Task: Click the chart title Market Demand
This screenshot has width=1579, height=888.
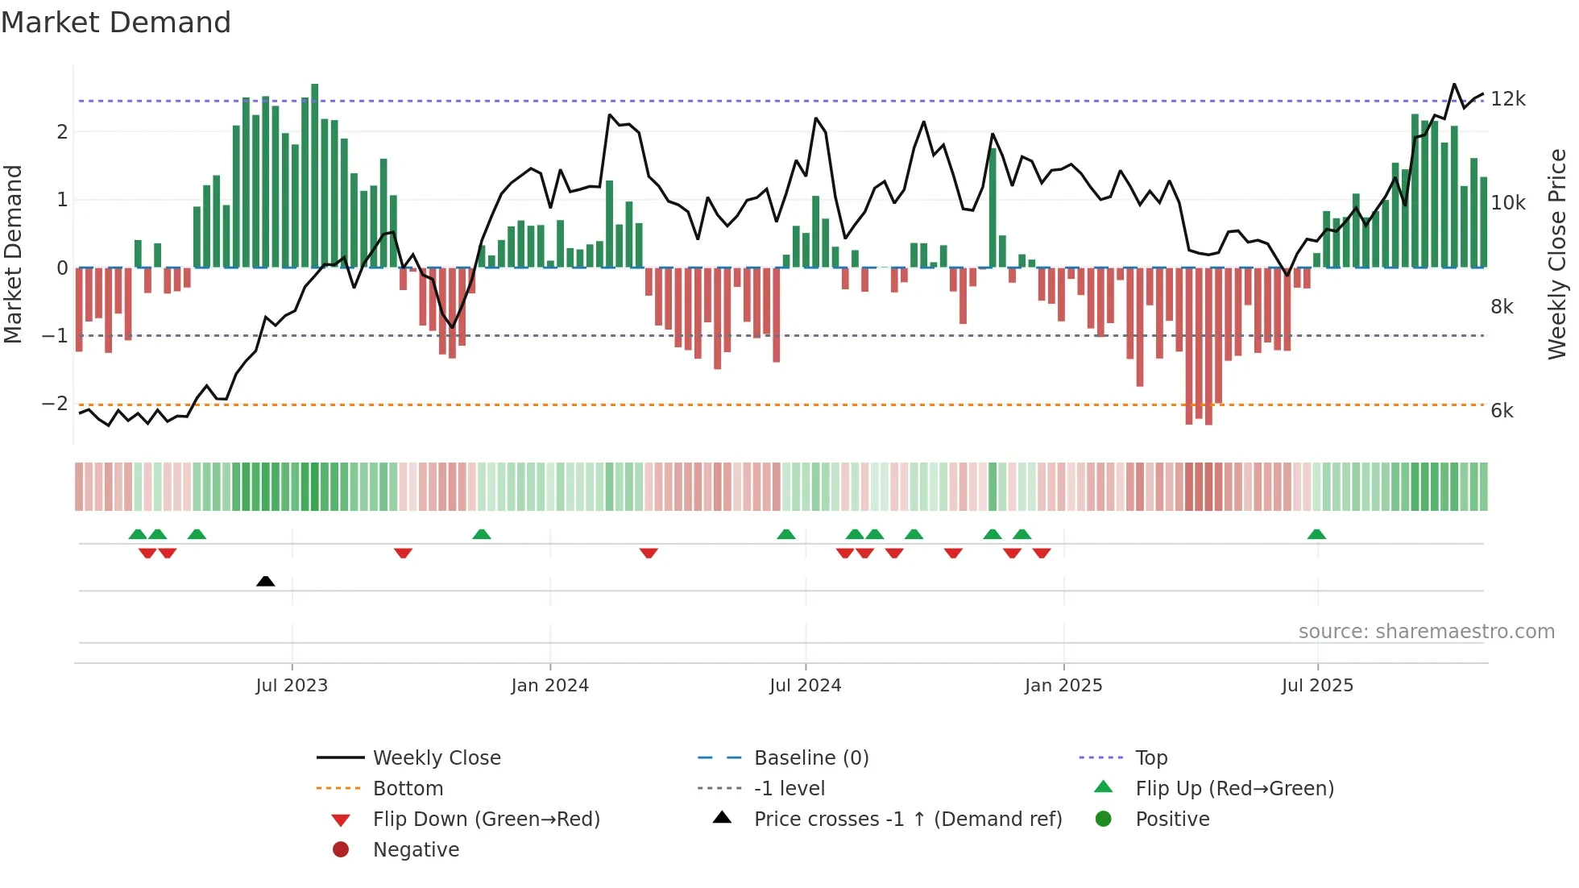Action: (116, 23)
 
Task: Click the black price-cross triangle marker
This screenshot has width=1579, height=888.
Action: (265, 581)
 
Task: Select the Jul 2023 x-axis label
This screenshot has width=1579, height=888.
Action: (292, 686)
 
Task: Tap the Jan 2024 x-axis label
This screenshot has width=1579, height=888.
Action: (549, 686)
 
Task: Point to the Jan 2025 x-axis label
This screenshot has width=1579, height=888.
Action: (1063, 686)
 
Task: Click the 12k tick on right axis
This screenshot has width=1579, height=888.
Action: (1507, 99)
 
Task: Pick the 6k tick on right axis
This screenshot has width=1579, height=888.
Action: (1502, 411)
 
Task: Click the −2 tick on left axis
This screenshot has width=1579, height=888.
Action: (55, 403)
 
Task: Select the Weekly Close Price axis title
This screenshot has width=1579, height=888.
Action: (1557, 254)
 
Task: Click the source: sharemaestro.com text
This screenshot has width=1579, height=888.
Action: (1426, 632)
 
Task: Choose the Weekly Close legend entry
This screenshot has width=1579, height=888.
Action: (436, 758)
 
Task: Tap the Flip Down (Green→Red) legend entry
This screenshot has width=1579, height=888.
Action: (486, 820)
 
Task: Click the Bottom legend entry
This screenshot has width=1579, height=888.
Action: (408, 789)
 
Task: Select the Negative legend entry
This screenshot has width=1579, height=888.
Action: (416, 850)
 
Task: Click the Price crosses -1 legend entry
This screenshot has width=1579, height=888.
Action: (907, 820)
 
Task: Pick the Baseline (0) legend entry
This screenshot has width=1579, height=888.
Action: (810, 758)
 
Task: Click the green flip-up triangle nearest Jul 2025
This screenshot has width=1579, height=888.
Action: (1316, 534)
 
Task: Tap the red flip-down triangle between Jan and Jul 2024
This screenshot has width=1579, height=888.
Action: (649, 553)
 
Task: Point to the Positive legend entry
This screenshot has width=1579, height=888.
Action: (1171, 820)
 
